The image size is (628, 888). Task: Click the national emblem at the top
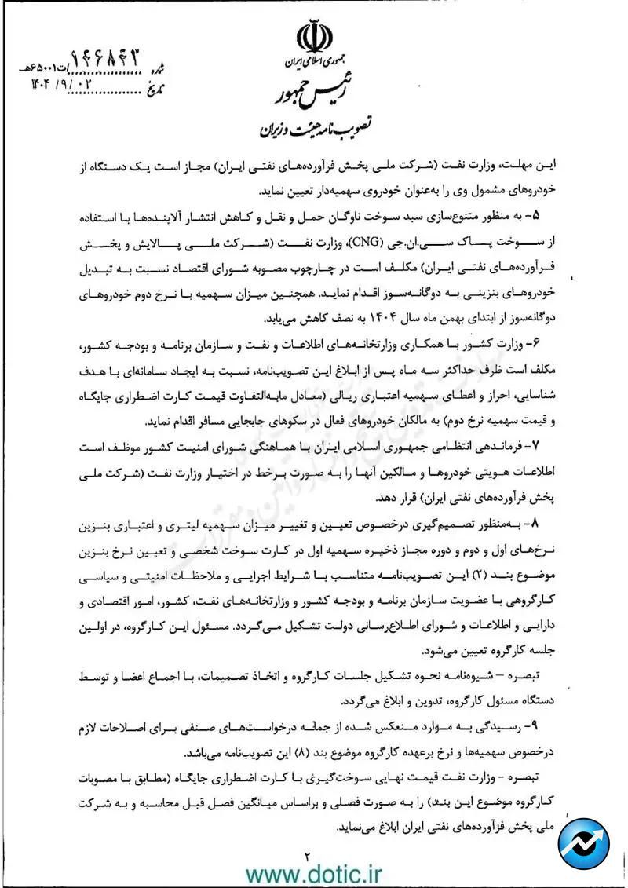pos(314,38)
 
